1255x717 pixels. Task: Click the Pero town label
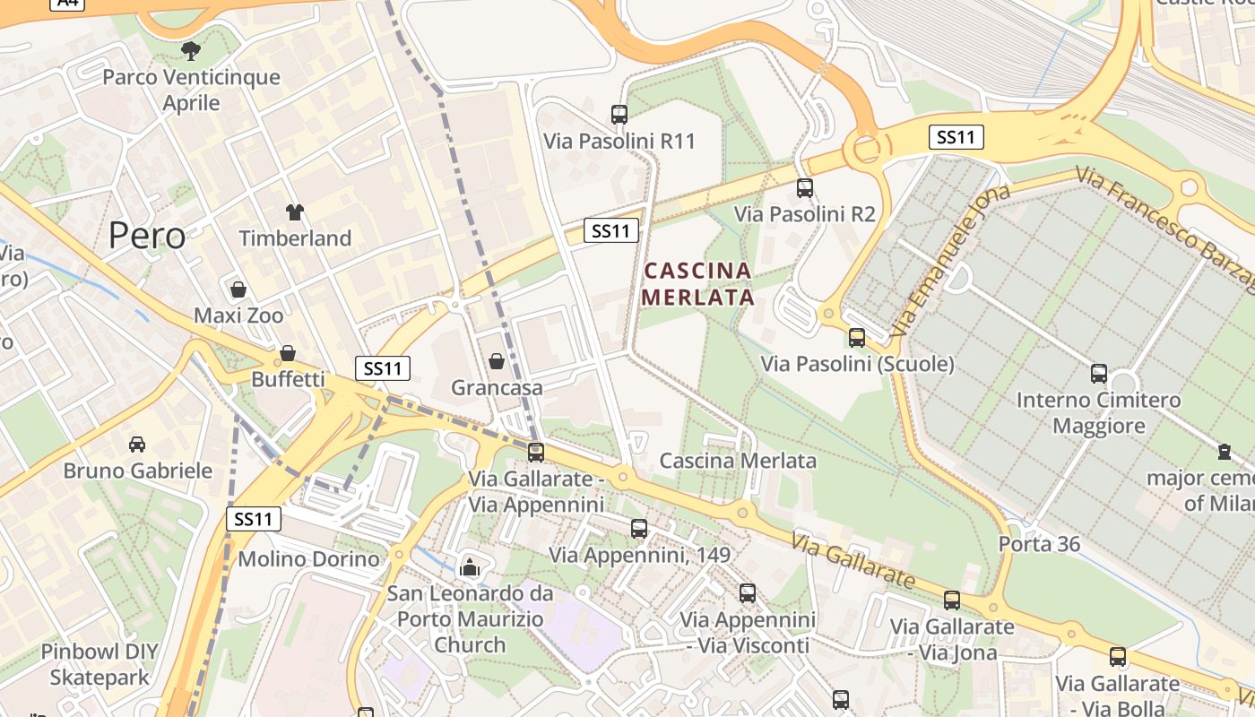147,236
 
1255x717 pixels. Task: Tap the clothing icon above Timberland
295,212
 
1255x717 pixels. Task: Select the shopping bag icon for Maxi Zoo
238,289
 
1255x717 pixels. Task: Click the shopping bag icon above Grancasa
497,361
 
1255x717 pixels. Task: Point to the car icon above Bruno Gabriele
137,445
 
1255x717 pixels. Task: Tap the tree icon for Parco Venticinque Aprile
190,50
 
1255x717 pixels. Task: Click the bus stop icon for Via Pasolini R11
619,115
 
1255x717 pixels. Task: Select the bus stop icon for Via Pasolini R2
805,188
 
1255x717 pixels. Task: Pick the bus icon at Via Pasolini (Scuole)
857,338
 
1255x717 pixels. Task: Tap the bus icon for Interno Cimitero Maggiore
1099,374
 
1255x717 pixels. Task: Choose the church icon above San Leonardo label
470,566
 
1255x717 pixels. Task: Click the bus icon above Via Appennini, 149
639,529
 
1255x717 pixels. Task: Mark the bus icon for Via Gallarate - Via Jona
952,600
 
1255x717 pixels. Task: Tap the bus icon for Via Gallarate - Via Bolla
1118,657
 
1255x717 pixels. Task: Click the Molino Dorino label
309,559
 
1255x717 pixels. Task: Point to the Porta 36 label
1040,544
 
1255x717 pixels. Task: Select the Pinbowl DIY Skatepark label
99,664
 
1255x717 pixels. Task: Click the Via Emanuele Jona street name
950,260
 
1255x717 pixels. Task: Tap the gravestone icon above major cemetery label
1225,451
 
